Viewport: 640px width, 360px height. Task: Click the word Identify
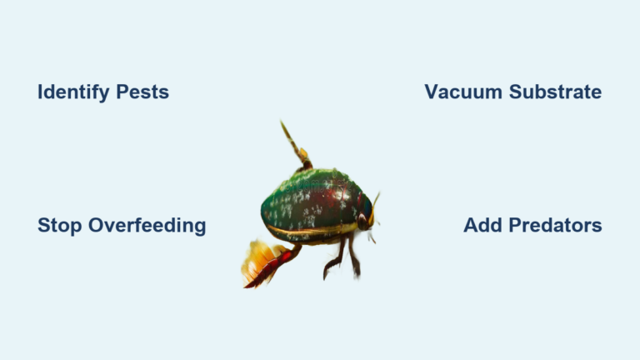pos(72,92)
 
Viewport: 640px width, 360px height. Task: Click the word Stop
pos(57,226)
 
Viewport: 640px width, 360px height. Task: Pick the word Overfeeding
pos(144,226)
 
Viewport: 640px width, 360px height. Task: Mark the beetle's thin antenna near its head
pos(375,200)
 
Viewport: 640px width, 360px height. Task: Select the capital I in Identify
pos(40,92)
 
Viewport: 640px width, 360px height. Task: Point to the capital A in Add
pos(471,226)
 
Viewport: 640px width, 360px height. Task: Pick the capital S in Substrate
pos(517,92)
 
